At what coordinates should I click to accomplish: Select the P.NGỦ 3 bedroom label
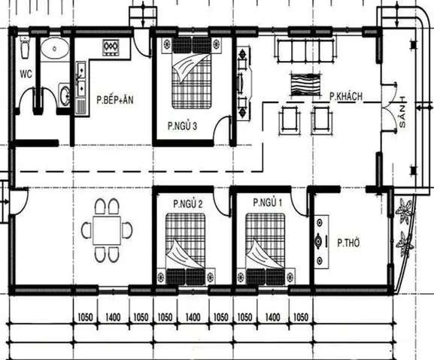[182, 126]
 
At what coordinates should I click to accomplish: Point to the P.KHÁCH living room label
[346, 96]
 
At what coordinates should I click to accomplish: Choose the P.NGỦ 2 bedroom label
[188, 203]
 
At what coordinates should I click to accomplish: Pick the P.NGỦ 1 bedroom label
[268, 203]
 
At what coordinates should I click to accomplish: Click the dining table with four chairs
[107, 229]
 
